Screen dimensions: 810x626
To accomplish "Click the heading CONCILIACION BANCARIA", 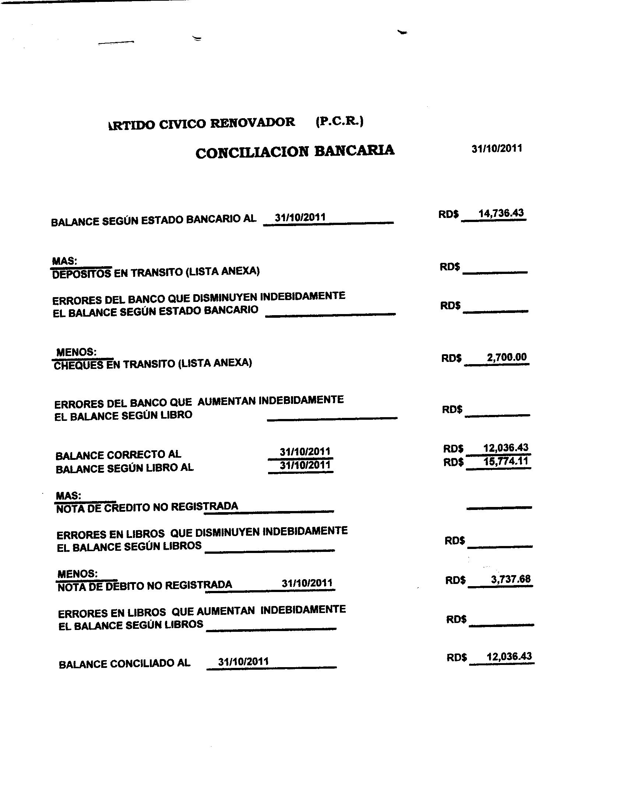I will click(295, 151).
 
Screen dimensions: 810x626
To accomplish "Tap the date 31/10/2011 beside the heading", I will click(497, 149).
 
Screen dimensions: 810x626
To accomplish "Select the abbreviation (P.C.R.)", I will click(340, 121).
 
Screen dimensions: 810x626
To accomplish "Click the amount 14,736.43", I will click(501, 213).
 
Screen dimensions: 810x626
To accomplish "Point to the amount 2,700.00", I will click(507, 357).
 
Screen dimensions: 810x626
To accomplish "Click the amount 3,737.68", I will click(511, 579).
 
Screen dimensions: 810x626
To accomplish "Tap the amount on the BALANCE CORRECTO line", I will click(506, 448).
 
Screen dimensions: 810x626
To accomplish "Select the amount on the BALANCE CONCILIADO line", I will click(509, 656).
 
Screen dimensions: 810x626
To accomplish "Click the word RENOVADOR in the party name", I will click(253, 123).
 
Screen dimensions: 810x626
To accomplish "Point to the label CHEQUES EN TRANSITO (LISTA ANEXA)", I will click(153, 364).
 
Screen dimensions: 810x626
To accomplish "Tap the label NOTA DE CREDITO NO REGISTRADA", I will click(147, 507).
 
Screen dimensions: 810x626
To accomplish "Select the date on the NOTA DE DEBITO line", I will click(307, 583).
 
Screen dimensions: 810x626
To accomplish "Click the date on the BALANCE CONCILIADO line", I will click(243, 661).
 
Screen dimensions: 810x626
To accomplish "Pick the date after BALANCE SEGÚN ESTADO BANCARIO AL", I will click(300, 217).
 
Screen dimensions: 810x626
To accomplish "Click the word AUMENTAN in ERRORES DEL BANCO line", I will click(226, 401).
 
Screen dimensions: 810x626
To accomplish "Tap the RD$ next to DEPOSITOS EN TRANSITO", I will click(450, 267).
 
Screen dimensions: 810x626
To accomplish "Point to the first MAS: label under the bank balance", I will click(64, 261).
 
